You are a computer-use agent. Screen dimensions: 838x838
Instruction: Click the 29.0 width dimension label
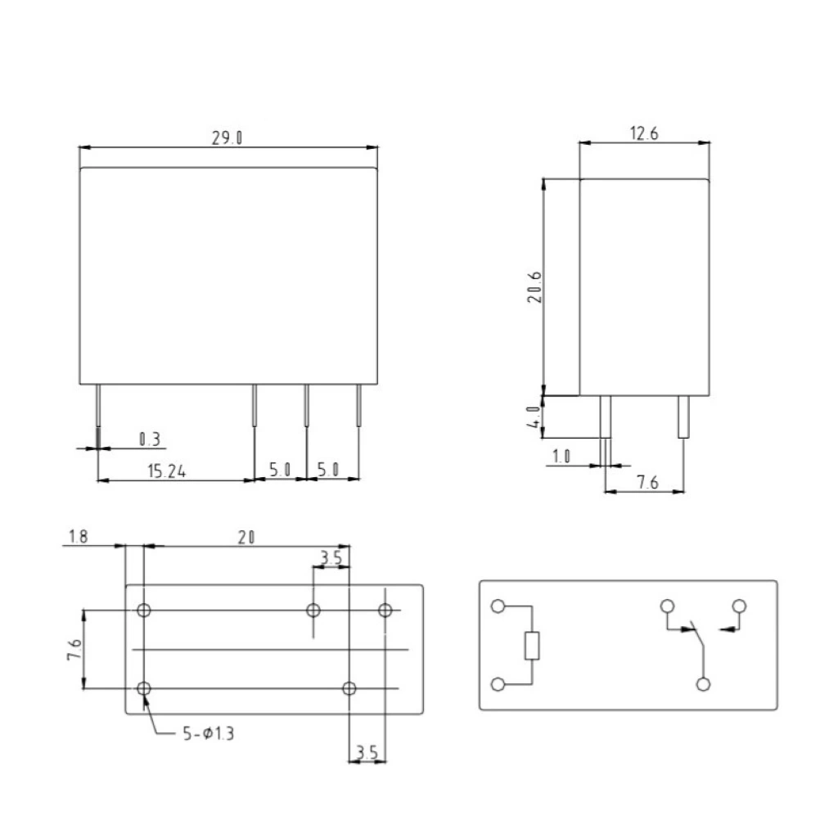228,137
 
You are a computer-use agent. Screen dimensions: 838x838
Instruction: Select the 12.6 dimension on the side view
644,133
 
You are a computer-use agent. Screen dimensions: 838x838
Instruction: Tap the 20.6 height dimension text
534,287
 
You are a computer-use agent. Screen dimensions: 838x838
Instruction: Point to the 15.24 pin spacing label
167,471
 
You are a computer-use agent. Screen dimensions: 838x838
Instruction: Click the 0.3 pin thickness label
150,439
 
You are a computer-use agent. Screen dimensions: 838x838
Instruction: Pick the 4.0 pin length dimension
534,417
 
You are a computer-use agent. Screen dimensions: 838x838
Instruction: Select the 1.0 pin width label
561,457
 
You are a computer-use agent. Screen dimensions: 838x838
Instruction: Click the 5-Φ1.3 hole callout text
209,733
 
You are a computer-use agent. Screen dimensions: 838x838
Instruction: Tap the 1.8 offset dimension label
79,536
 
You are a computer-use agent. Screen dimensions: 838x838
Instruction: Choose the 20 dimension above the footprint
246,537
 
